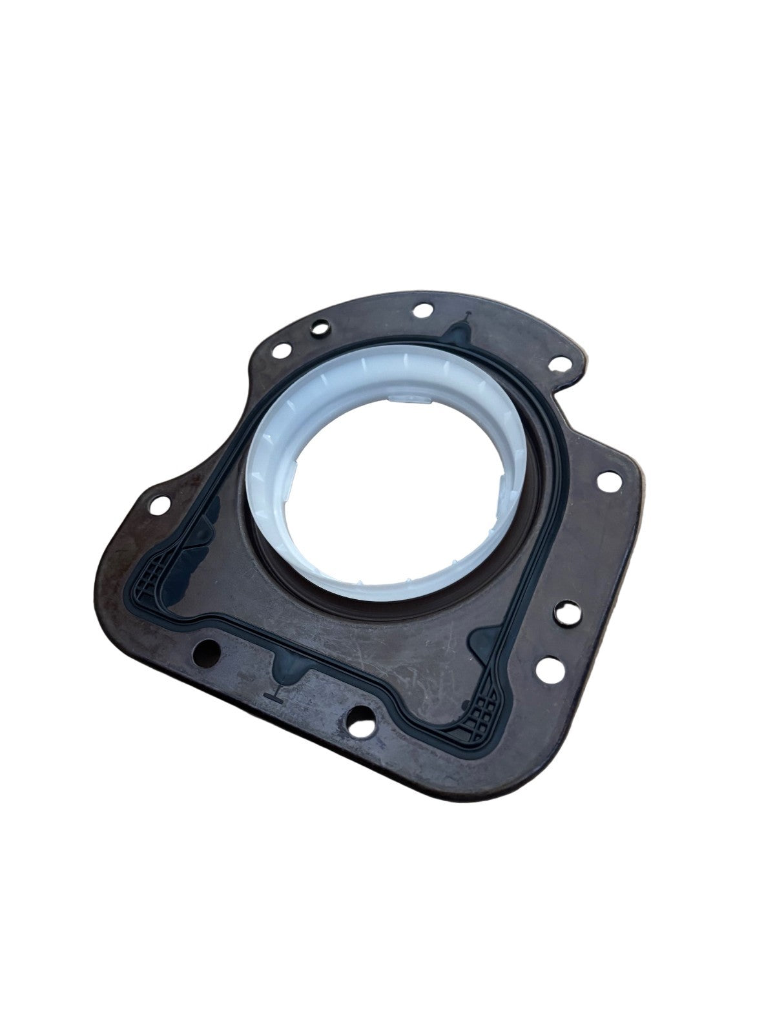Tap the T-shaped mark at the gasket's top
coord(467,317)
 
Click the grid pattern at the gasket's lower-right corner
coord(486,712)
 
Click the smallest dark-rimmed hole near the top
coord(317,329)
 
